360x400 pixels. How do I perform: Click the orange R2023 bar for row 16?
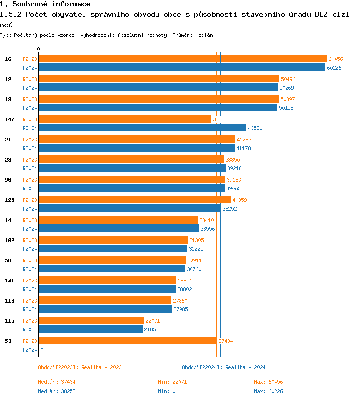[182, 59]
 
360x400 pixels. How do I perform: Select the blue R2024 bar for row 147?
[142, 128]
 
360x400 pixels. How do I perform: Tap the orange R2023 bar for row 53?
[128, 341]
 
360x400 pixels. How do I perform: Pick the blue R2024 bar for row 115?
[91, 329]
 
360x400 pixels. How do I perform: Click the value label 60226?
[334, 68]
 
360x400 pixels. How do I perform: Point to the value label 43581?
[255, 128]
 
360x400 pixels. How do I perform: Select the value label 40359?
[240, 200]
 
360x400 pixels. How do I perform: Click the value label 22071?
[153, 321]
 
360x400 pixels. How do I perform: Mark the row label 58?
[8, 260]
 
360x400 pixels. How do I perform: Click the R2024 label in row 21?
[30, 148]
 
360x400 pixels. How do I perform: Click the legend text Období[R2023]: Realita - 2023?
[80, 367]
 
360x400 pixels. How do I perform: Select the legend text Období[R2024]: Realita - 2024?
[224, 367]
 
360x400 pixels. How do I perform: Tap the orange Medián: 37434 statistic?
[57, 382]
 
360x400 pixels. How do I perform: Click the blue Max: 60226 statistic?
[268, 391]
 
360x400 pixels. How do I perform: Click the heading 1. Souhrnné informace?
[45, 4]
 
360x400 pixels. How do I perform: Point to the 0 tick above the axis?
[39, 49]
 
